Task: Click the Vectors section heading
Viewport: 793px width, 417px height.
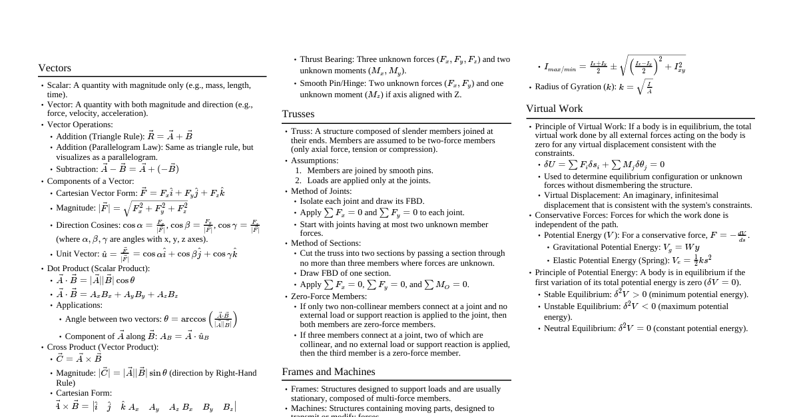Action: pyautogui.click(x=55, y=68)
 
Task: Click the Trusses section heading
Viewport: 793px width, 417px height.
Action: pyautogui.click(x=298, y=114)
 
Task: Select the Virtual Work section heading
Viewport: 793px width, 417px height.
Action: pyautogui.click(x=554, y=109)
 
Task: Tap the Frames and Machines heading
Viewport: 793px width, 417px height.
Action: pyautogui.click(x=328, y=372)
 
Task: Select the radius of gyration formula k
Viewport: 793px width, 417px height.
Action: pyautogui.click(x=636, y=87)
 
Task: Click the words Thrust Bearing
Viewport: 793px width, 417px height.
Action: pyautogui.click(x=327, y=59)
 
